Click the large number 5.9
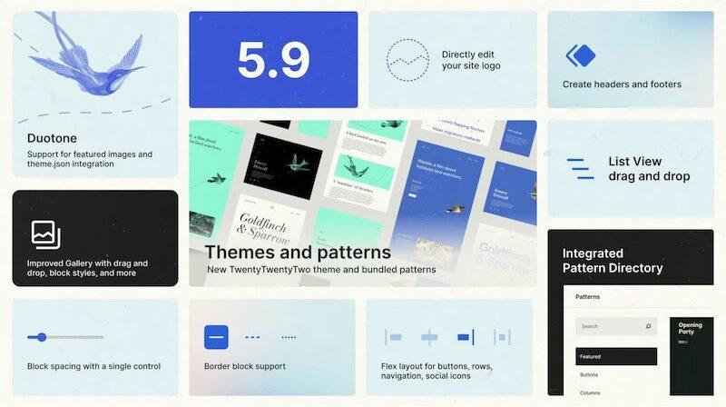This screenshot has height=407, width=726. (272, 59)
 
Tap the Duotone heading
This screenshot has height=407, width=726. (52, 139)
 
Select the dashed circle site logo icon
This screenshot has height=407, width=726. (407, 59)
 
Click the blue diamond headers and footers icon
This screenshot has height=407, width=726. (581, 56)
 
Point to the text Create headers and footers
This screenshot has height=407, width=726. (622, 84)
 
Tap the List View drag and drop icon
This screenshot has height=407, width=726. (580, 168)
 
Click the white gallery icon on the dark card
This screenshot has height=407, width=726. (45, 233)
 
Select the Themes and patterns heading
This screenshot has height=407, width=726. (298, 252)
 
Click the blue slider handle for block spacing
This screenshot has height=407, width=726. (41, 337)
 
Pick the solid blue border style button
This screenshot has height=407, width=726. (215, 337)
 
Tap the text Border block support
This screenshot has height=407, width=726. (245, 366)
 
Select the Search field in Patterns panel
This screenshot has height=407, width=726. (615, 326)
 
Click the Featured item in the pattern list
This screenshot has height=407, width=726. (615, 356)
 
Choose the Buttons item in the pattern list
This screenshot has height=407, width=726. (590, 374)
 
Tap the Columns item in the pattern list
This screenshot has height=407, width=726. (591, 392)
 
